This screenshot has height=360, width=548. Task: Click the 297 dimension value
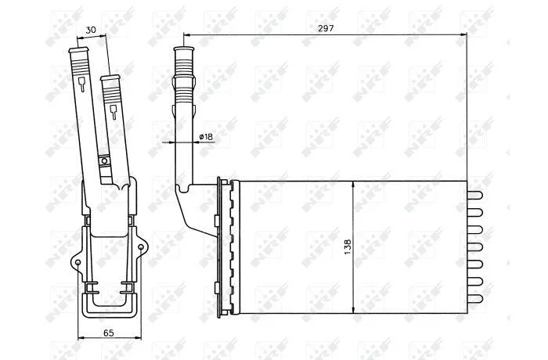pyautogui.click(x=326, y=28)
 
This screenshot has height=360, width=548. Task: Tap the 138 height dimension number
pyautogui.click(x=348, y=247)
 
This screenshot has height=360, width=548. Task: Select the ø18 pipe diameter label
pyautogui.click(x=206, y=137)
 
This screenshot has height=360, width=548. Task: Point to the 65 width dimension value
pyautogui.click(x=108, y=333)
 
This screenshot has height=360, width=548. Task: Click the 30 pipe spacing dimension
pyautogui.click(x=91, y=30)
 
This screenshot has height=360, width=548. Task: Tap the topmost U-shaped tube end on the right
pyautogui.click(x=475, y=195)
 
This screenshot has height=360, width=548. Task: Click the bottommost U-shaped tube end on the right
pyautogui.click(x=475, y=298)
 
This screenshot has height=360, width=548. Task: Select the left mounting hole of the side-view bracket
pyautogui.click(x=78, y=262)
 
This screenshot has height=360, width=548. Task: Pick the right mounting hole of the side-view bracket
pyautogui.click(x=141, y=247)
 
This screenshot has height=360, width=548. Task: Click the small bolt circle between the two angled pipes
pyautogui.click(x=104, y=161)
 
